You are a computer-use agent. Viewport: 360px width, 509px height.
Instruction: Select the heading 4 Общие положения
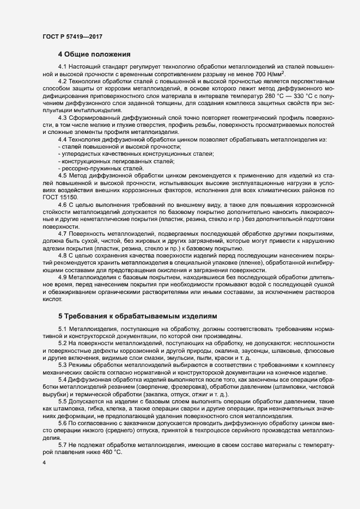pos(94,54)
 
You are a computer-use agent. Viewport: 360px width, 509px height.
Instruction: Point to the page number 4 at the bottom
pos(44,463)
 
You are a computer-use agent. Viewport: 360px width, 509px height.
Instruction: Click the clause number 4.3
pos(62,118)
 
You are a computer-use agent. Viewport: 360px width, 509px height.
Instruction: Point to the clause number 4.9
pos(62,277)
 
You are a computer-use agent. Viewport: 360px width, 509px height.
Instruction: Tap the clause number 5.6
pos(62,422)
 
